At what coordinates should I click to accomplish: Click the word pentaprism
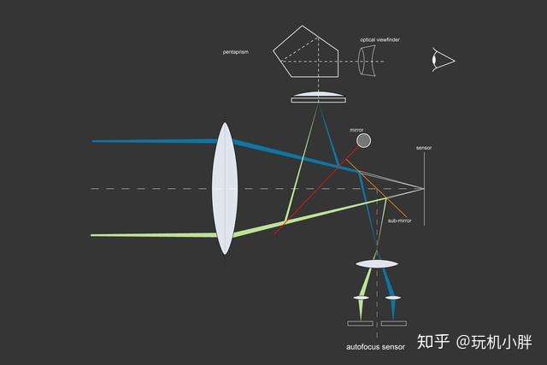click(x=235, y=52)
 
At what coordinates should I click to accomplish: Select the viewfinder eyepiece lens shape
click(x=368, y=61)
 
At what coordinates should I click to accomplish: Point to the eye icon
click(x=443, y=60)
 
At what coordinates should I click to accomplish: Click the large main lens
click(x=224, y=188)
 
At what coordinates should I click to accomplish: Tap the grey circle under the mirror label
click(x=363, y=140)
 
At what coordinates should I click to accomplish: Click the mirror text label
click(x=356, y=130)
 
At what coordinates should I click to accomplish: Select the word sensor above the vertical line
click(x=424, y=148)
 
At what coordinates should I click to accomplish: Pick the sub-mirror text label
click(x=399, y=221)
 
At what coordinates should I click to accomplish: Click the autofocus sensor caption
click(x=376, y=346)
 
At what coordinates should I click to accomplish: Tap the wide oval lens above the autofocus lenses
click(x=375, y=263)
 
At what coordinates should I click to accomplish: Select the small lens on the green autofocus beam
click(x=361, y=297)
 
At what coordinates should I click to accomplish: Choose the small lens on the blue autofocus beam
click(x=392, y=297)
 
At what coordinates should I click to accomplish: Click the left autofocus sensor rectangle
click(x=360, y=323)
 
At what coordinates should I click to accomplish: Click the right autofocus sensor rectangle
click(x=393, y=323)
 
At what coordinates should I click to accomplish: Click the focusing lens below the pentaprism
click(x=318, y=97)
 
